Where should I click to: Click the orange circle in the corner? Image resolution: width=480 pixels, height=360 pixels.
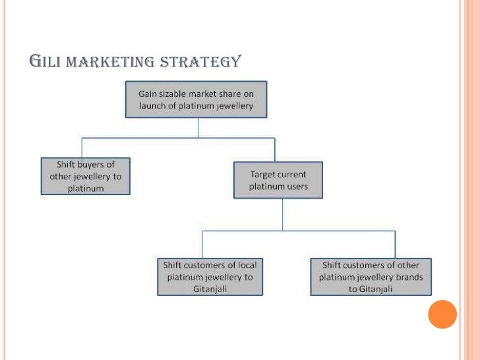pyautogui.click(x=442, y=314)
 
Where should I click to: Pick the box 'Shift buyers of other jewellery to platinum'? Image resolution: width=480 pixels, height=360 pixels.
pyautogui.click(x=85, y=176)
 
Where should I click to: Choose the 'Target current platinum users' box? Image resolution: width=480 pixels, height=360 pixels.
pyautogui.click(x=278, y=180)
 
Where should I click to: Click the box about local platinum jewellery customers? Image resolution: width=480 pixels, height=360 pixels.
pyautogui.click(x=209, y=277)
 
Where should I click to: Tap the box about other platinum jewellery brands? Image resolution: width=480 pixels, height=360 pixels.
pyautogui.click(x=371, y=277)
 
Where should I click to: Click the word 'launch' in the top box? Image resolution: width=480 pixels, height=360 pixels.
pyautogui.click(x=153, y=106)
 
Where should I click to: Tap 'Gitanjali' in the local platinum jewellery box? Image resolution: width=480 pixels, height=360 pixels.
pyautogui.click(x=209, y=289)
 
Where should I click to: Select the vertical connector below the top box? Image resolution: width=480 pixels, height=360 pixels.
pyautogui.click(x=198, y=128)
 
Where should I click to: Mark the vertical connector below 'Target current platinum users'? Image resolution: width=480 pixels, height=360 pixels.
pyautogui.click(x=282, y=214)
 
